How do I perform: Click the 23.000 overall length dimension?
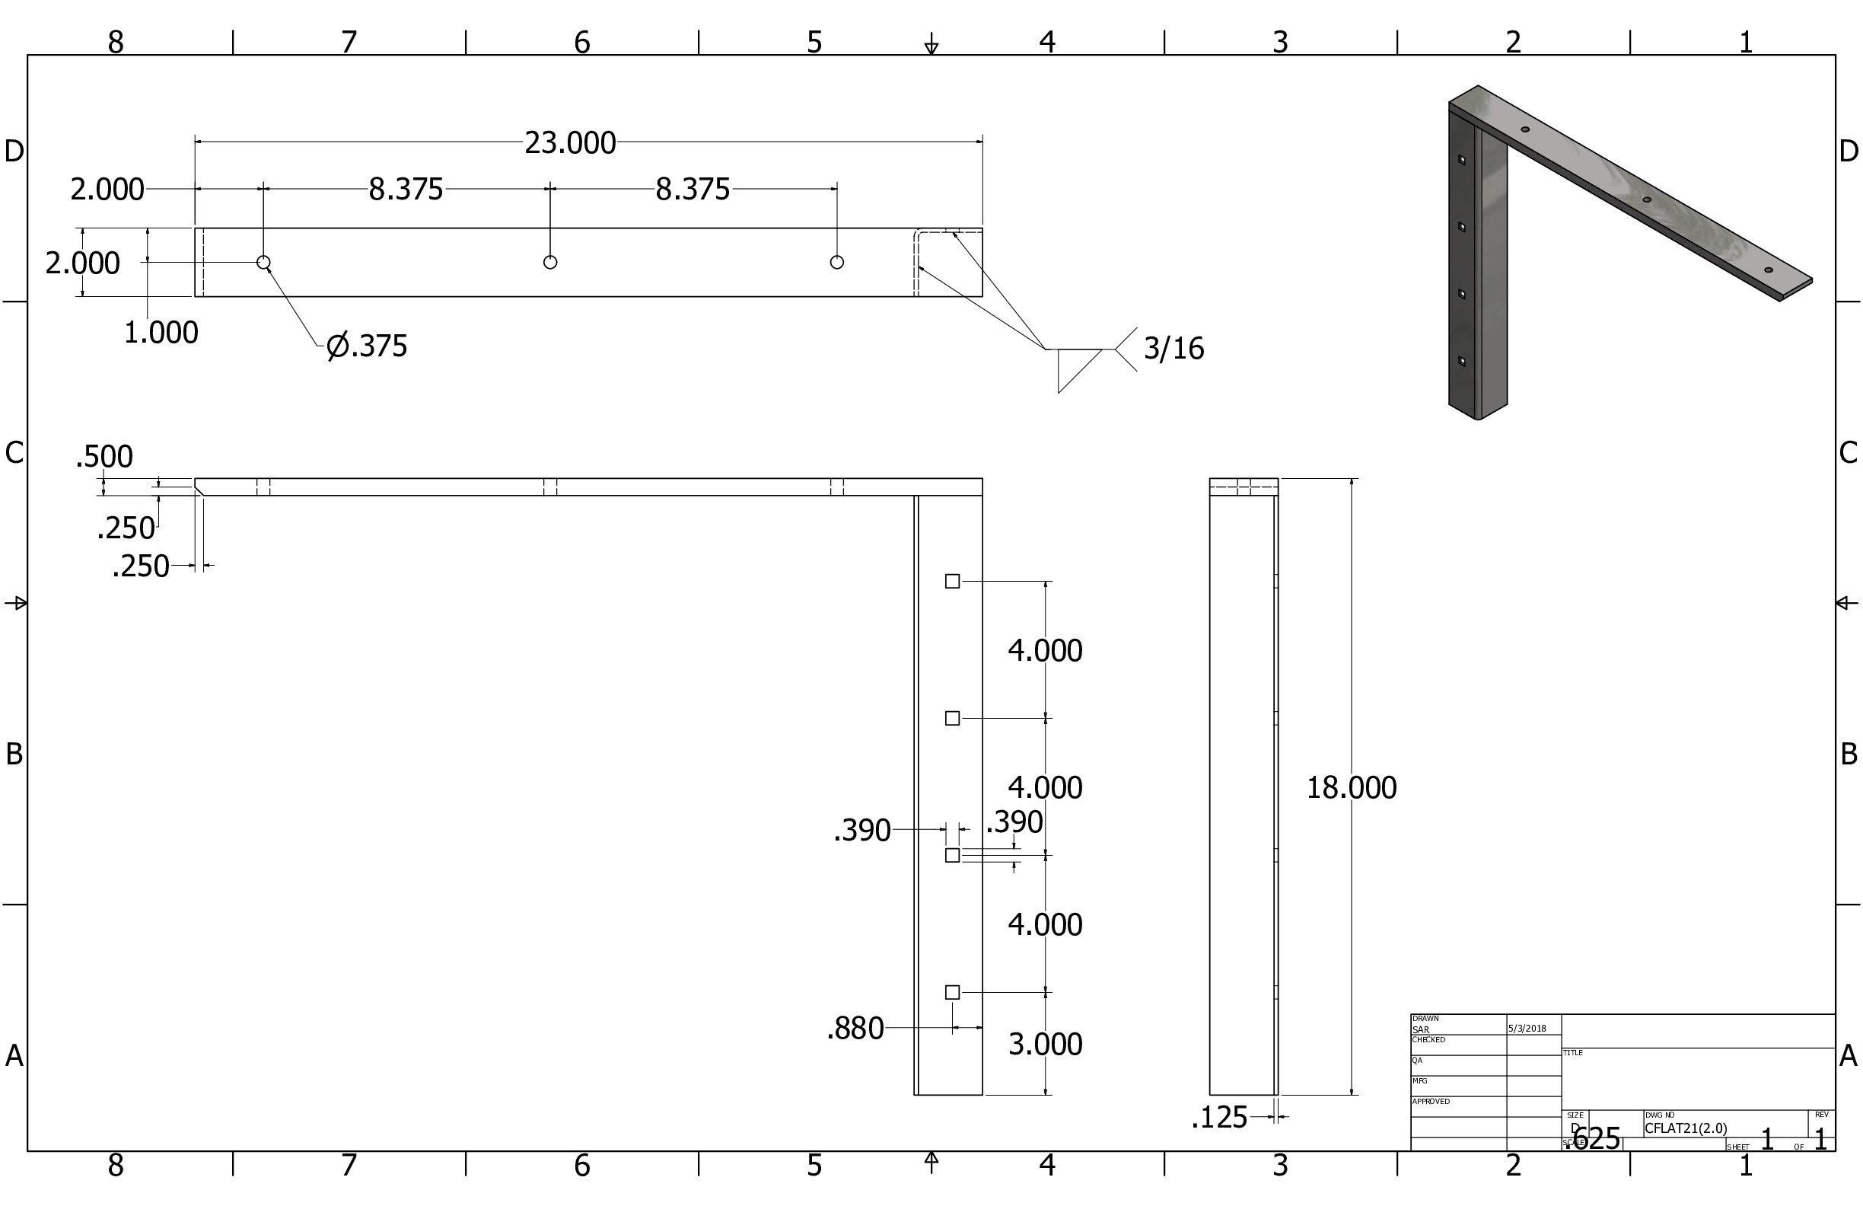pos(570,142)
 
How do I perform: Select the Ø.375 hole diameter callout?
pos(367,346)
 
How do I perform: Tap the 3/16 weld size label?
pos(1173,349)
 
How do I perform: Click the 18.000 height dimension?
pos(1351,787)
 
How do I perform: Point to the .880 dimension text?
pos(855,1029)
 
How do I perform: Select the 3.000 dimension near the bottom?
pos(1044,1044)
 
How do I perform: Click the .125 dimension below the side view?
pos(1218,1118)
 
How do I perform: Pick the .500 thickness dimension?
pos(104,456)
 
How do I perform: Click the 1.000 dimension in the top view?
pos(161,332)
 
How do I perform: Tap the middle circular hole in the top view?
pos(550,263)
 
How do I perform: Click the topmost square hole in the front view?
pos(952,581)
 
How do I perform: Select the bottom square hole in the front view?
pos(952,992)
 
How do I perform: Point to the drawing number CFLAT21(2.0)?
pos(1686,1128)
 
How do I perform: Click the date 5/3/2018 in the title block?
pos(1527,1029)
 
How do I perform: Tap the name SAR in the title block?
pos(1420,1030)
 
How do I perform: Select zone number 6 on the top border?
pos(581,43)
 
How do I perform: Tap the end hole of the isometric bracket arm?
pos(1769,270)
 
